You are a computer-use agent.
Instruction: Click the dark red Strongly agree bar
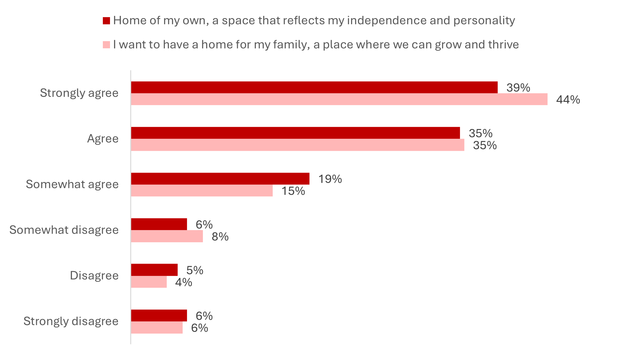coord(314,87)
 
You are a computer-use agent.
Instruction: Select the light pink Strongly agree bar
coord(339,99)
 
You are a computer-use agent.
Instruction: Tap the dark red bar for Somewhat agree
coord(220,179)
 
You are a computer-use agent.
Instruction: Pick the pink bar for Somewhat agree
coord(202,190)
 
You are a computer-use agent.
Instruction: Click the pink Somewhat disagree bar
coord(167,236)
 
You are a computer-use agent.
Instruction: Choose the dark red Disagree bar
coord(154,270)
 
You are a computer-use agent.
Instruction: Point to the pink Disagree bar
coord(149,282)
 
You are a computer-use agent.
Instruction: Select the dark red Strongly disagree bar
coord(159,315)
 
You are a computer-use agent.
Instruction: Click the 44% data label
coord(568,100)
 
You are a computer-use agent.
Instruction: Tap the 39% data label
coord(518,88)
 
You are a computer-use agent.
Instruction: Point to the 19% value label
coord(330,179)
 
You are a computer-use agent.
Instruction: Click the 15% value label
coord(293,191)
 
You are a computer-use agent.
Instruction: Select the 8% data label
coord(220,237)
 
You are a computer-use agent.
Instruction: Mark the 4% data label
coord(183,282)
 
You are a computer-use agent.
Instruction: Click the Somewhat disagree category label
coord(64,230)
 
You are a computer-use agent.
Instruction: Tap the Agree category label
coord(103,139)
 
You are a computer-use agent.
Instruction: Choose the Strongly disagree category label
coord(71,321)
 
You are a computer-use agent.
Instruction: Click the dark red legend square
coord(106,21)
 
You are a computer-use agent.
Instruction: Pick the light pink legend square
coord(106,45)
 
